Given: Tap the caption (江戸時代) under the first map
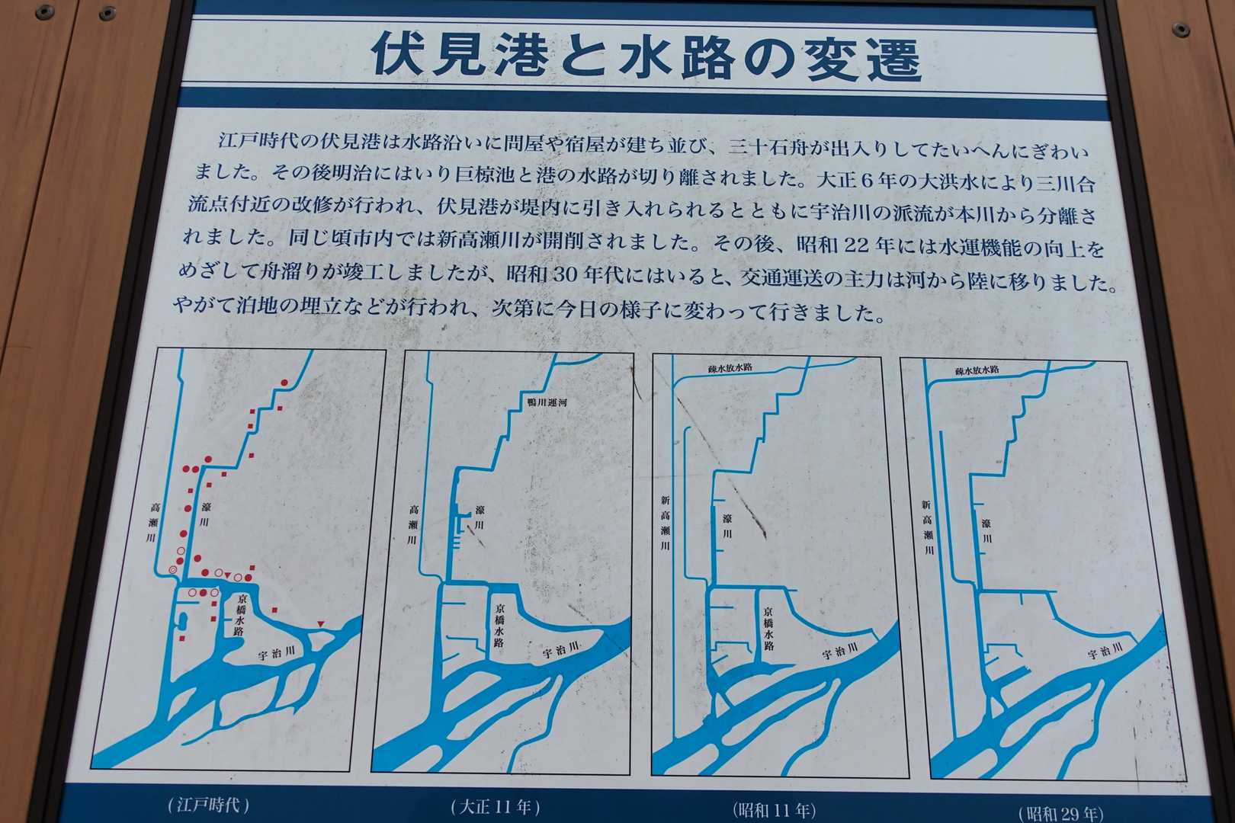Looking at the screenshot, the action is pos(209,805).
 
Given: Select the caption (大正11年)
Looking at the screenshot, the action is pos(495,808).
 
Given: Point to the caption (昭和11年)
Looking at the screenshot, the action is pos(774,810).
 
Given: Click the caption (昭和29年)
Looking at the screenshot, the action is pos(1060,814).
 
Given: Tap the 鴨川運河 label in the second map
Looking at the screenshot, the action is pos(547,402).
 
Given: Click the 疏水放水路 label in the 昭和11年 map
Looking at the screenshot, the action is pos(730,368).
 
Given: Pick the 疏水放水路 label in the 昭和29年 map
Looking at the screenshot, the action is pos(977,370).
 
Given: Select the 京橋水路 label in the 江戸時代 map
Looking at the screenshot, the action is pos(241,615).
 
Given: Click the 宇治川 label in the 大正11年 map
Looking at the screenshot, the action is pos(561,648).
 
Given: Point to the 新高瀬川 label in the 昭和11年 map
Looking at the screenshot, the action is pos(666,523).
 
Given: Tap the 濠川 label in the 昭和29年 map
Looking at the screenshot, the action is pos(986,530).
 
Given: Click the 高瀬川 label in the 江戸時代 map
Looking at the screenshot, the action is pos(153,522).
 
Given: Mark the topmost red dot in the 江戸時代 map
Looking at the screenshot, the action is pos(284,383).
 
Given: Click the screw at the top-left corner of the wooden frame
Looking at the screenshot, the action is pos(44,11).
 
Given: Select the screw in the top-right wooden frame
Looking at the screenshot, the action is pos(1180,29).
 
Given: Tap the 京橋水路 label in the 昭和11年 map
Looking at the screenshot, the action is pos(768,629).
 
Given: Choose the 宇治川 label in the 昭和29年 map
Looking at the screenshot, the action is pos(1105,651).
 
